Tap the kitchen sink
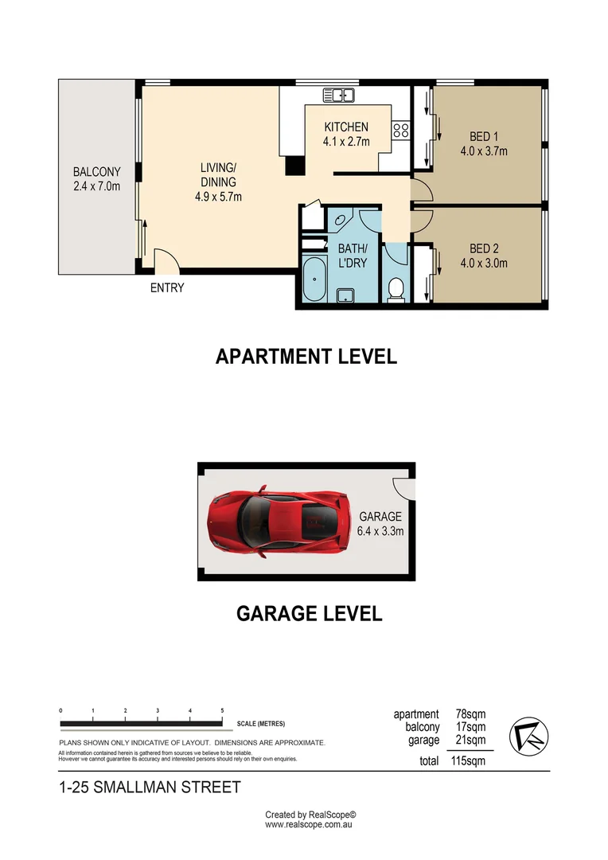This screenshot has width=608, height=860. pyautogui.click(x=338, y=96)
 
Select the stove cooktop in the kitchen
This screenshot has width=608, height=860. pyautogui.click(x=401, y=131)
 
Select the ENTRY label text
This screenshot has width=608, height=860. pyautogui.click(x=167, y=287)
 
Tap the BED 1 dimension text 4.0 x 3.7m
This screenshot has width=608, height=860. pyautogui.click(x=484, y=150)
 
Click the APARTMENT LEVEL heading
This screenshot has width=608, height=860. pyautogui.click(x=306, y=357)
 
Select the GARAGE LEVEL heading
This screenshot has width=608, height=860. pyautogui.click(x=309, y=614)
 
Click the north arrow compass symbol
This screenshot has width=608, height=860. pyautogui.click(x=527, y=733)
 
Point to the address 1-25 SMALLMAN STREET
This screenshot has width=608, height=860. pyautogui.click(x=150, y=788)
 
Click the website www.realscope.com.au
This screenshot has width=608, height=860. pyautogui.click(x=310, y=826)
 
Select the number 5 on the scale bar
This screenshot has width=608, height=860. pyautogui.click(x=222, y=709)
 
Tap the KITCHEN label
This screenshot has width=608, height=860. pyautogui.click(x=346, y=127)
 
